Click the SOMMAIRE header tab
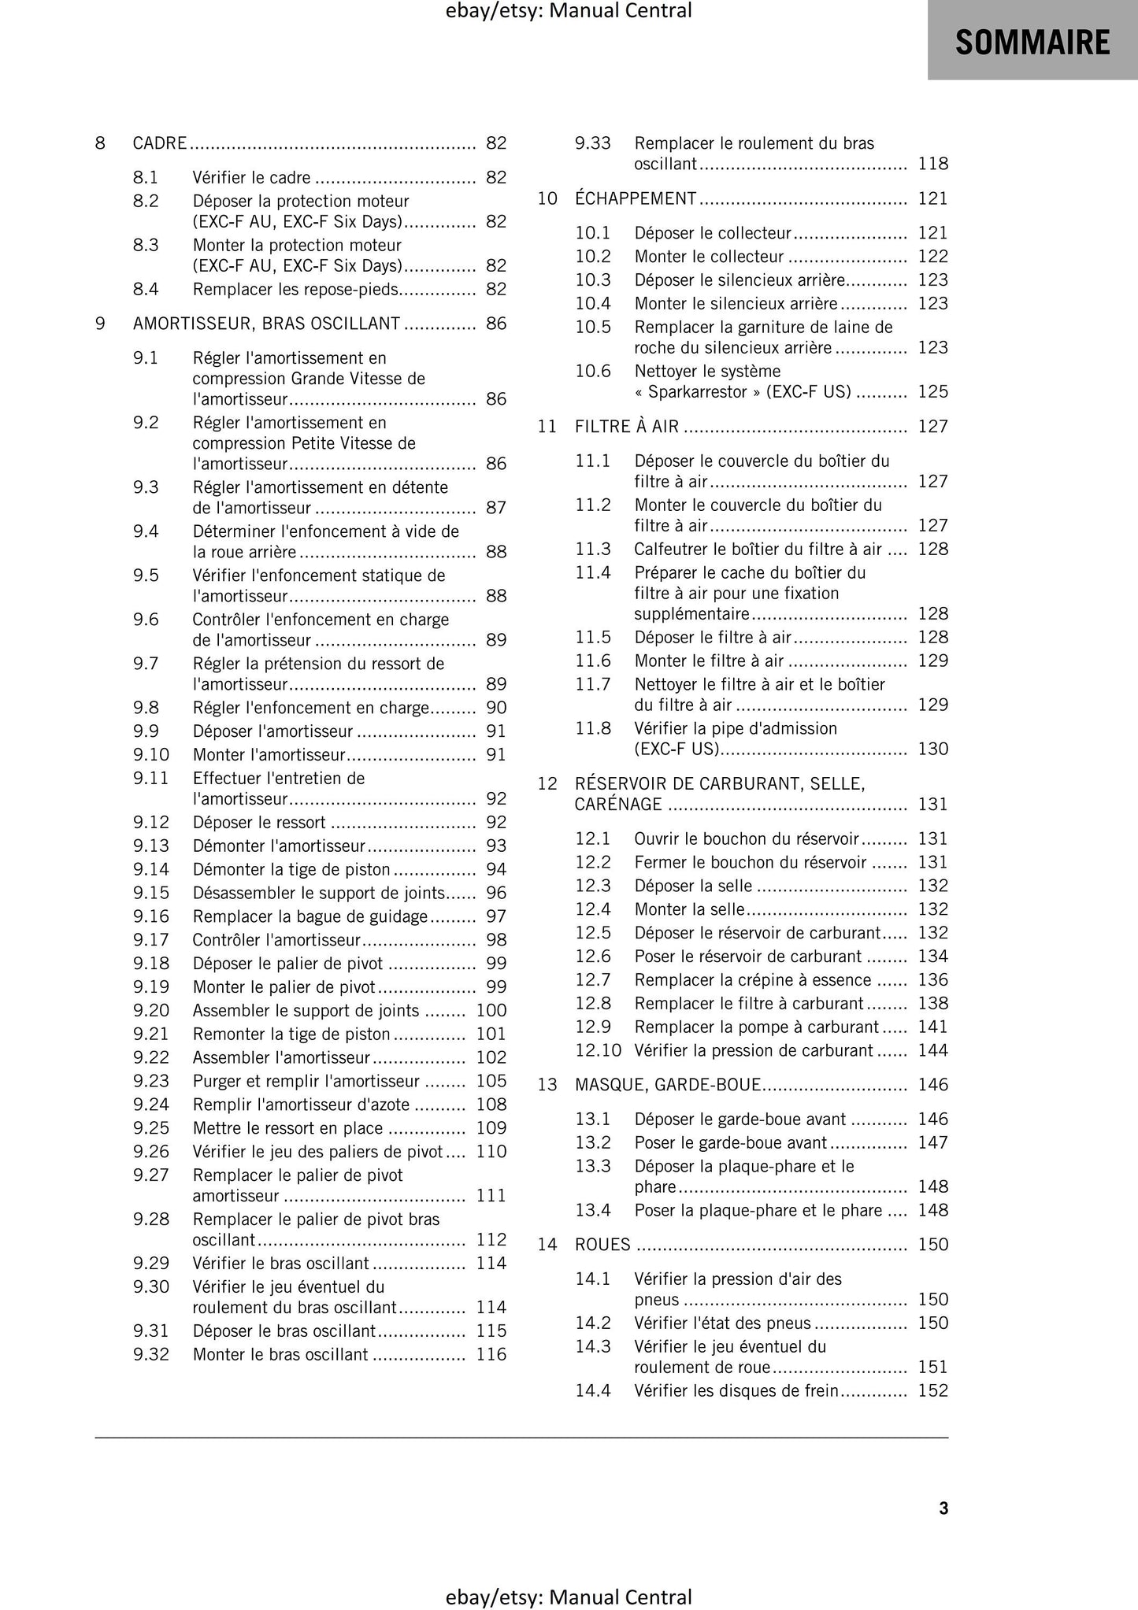[x=1032, y=41]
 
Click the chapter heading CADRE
[x=160, y=143]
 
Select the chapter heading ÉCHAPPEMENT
[x=636, y=198]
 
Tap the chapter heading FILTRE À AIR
[x=626, y=427]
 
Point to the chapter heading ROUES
[x=602, y=1245]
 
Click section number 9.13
[x=151, y=846]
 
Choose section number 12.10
[x=598, y=1050]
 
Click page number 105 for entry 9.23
[x=491, y=1081]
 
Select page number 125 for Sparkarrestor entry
[x=932, y=392]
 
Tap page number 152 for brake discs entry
[x=932, y=1390]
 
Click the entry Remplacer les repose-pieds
[x=295, y=290]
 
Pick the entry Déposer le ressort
[x=259, y=823]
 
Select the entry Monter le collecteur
[x=709, y=257]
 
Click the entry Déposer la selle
[x=693, y=886]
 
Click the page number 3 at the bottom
[x=943, y=1508]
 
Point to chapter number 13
[x=547, y=1085]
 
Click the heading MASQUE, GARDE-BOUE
[x=668, y=1085]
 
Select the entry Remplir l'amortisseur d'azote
[x=302, y=1105]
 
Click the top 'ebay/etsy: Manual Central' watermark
[x=569, y=11]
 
